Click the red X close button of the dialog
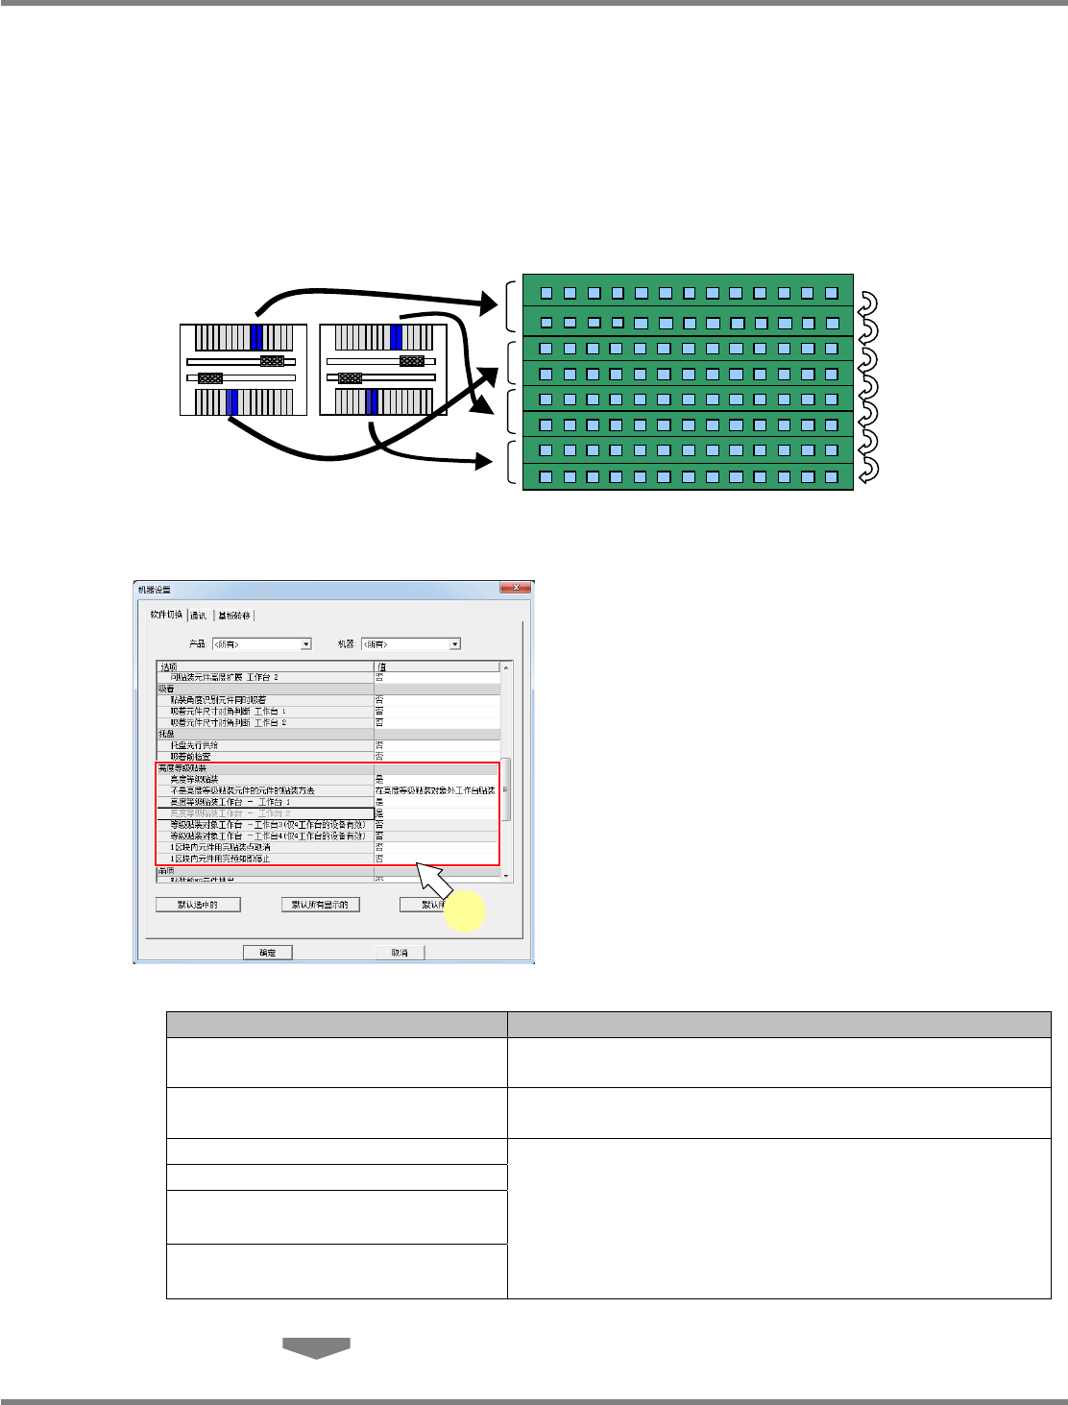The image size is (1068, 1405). (517, 588)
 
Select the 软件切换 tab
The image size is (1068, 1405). (166, 615)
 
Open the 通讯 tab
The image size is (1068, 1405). (199, 615)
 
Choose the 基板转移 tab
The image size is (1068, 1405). (234, 615)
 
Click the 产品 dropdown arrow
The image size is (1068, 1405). (306, 643)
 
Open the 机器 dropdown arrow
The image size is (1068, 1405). (455, 643)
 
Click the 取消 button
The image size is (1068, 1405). (400, 952)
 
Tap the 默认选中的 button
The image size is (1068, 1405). (198, 905)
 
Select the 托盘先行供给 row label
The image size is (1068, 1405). (195, 745)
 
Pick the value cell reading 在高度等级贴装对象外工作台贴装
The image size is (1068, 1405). (435, 790)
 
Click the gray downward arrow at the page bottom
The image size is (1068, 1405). (316, 1347)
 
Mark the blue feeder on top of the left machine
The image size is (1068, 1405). (255, 337)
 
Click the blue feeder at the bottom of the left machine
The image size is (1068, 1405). (232, 401)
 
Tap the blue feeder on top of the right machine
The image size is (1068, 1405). (397, 337)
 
